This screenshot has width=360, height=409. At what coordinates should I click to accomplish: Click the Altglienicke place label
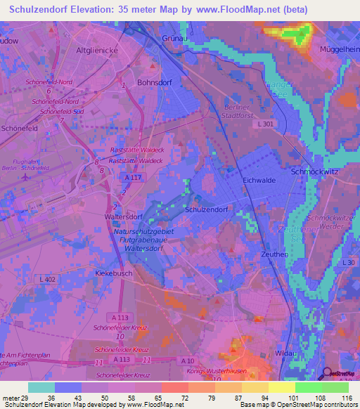(99, 51)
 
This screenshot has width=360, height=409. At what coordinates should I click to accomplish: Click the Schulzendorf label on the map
(205, 209)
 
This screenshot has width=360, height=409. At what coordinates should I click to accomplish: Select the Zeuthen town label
(274, 254)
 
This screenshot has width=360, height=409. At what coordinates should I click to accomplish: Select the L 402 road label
(48, 280)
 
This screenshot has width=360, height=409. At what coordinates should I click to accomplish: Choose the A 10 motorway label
(188, 361)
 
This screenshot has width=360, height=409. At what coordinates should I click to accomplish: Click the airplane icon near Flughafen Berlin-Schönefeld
(27, 176)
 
